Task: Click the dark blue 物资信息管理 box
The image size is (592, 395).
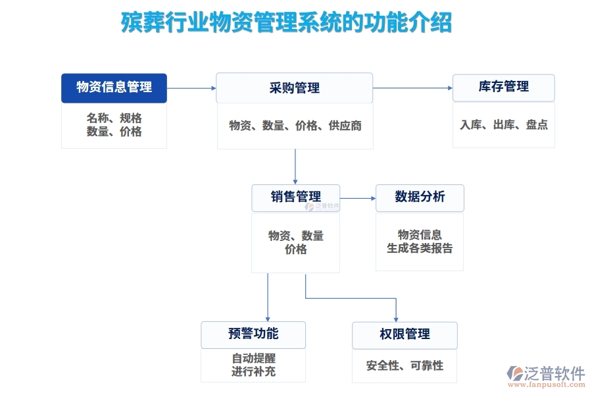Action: pos(114,88)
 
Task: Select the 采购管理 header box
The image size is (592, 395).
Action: pos(294,88)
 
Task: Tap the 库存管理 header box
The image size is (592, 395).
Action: pos(503,87)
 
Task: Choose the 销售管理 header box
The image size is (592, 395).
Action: pos(295,197)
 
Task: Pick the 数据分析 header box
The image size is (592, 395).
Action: pos(420,197)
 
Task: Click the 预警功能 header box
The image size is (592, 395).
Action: pos(253,334)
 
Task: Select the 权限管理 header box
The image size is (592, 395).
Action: pos(405,334)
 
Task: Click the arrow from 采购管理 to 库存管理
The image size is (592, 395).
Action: pos(412,88)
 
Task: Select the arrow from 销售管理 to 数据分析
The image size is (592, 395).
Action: pos(357,197)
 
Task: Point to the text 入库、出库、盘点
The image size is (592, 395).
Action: pos(503,125)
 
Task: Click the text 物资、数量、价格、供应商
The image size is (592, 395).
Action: pos(295,126)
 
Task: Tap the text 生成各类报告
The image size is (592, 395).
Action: pos(420,249)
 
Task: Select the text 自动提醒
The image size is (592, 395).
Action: pos(253,359)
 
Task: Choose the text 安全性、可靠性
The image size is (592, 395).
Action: pos(405,365)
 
